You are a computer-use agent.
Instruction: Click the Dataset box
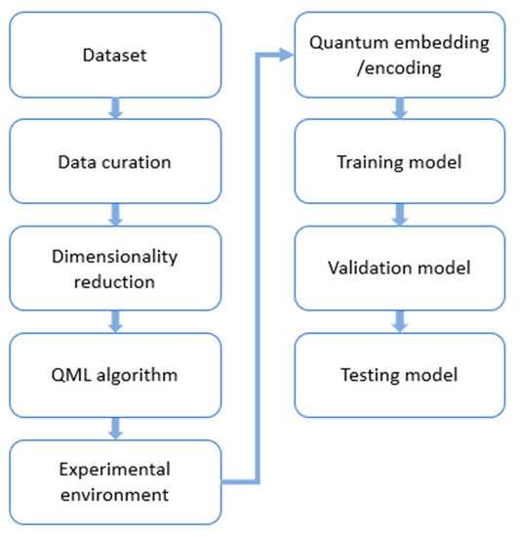coord(114,55)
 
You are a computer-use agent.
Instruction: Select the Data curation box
coord(114,161)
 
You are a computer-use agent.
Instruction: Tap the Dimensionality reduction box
coord(114,268)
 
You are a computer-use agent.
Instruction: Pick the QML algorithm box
coord(114,376)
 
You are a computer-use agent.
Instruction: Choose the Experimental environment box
coord(114,482)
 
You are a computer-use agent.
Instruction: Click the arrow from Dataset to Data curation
coord(115,108)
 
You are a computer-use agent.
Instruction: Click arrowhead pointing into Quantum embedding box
coord(285,55)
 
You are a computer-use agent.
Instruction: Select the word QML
coord(70,376)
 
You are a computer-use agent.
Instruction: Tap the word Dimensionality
coord(114,258)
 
